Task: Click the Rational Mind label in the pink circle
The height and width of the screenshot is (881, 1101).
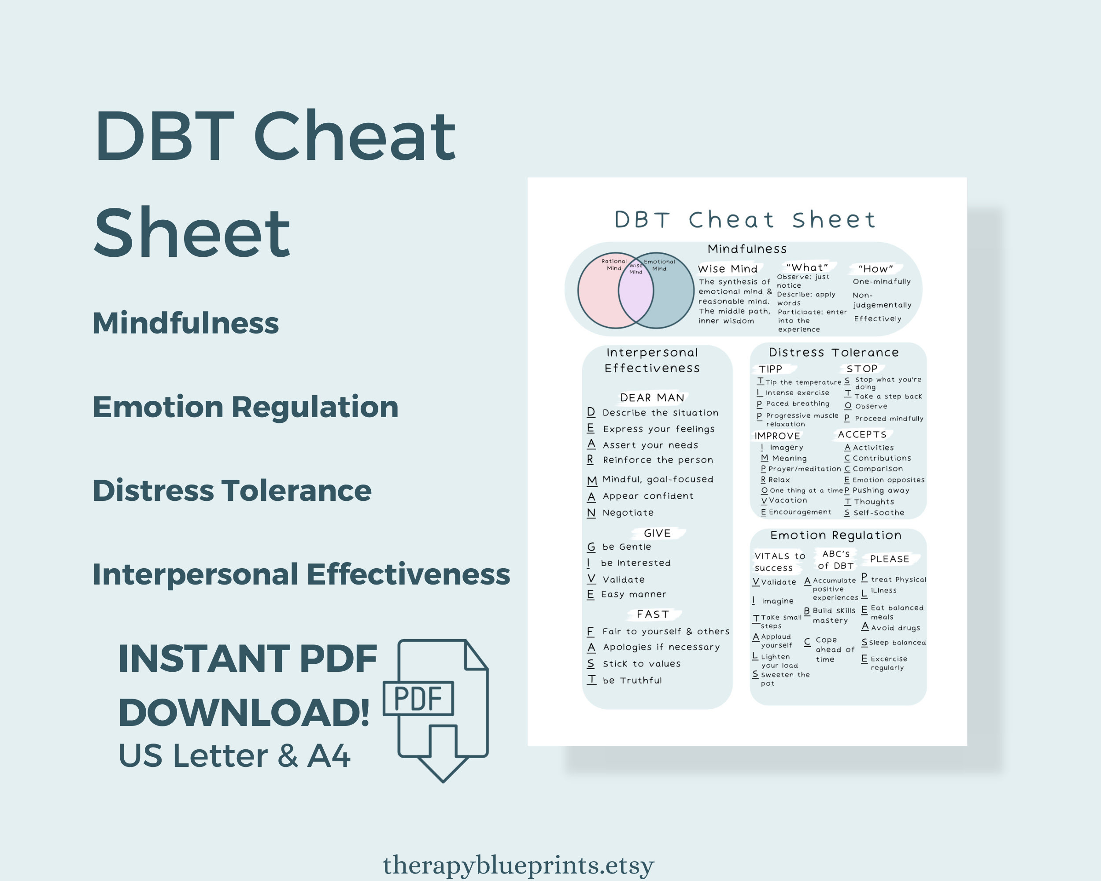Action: coord(614,265)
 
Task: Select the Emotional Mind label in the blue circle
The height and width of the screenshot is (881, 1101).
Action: coord(659,265)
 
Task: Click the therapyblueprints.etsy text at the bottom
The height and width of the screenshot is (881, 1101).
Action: coord(518,865)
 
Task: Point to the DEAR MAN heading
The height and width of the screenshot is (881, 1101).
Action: coord(652,397)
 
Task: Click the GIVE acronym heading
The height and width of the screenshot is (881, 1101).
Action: coord(657,533)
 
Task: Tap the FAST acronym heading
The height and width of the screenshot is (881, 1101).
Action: coord(653,614)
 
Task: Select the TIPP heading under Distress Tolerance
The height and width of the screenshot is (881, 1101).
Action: coord(770,369)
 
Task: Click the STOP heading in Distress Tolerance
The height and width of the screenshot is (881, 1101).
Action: coord(862,368)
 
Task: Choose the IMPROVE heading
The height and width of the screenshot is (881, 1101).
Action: coord(777,436)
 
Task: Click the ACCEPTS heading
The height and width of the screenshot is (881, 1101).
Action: coord(862,434)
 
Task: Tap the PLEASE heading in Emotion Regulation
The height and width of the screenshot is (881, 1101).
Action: coord(890,559)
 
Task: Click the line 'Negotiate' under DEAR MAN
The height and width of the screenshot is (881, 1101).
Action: coord(628,512)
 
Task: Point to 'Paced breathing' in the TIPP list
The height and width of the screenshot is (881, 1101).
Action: coord(798,403)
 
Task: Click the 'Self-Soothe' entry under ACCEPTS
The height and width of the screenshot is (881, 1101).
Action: coord(878,512)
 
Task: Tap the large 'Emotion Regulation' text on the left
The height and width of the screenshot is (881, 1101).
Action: coord(245,407)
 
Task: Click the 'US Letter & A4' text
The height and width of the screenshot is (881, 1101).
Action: coord(234,755)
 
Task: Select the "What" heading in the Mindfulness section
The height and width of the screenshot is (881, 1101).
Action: coord(807,267)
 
